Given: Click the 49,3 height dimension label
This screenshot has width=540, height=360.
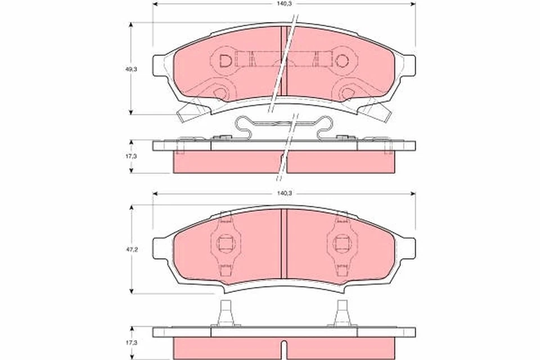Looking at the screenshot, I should click(x=130, y=69).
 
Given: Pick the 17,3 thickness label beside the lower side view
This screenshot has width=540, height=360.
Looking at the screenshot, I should click(x=130, y=341).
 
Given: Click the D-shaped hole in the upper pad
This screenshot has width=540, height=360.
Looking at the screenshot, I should click(x=224, y=60).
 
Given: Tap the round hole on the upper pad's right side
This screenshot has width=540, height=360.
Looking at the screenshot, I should click(x=344, y=60).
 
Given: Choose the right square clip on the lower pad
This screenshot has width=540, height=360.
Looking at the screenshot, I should click(x=341, y=244).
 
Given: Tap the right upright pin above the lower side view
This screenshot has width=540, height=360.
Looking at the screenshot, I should click(x=341, y=313).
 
